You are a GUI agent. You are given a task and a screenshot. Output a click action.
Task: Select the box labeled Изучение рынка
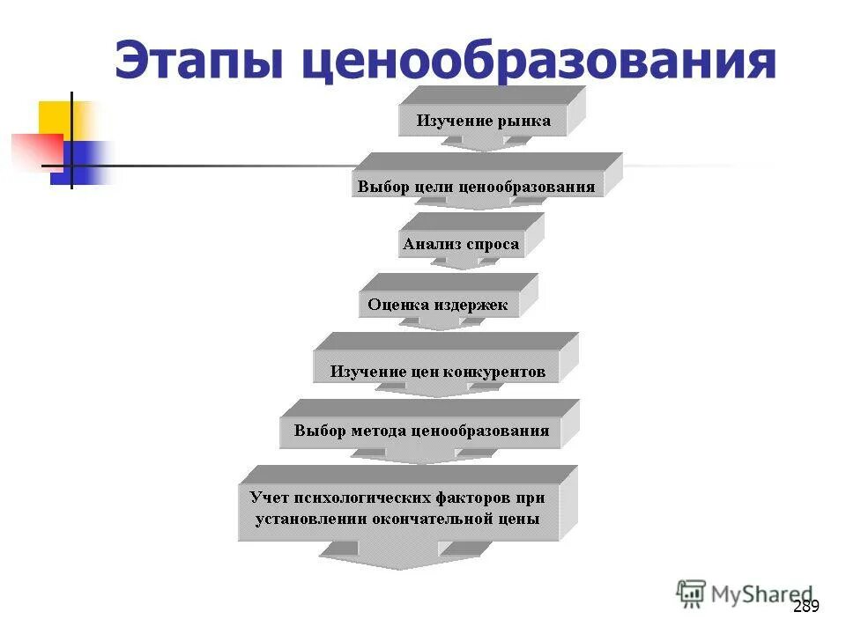pyautogui.click(x=484, y=121)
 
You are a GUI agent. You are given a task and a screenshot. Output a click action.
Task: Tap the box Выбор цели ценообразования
pyautogui.click(x=476, y=187)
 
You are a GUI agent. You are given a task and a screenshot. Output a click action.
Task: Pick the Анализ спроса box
pyautogui.click(x=461, y=244)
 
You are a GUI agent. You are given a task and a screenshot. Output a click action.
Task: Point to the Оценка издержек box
pyautogui.click(x=438, y=305)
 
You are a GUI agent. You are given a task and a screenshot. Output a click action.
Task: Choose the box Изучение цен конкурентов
pyautogui.click(x=437, y=372)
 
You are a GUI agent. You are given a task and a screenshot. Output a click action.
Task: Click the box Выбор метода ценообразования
pyautogui.click(x=421, y=431)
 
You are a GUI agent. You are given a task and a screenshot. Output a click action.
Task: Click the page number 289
pyautogui.click(x=805, y=606)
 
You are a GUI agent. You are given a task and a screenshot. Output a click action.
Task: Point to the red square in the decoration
pyautogui.click(x=33, y=149)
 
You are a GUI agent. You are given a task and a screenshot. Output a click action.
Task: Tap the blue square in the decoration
pyautogui.click(x=84, y=162)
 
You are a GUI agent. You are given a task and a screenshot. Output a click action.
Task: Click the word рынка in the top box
pyautogui.click(x=523, y=121)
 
